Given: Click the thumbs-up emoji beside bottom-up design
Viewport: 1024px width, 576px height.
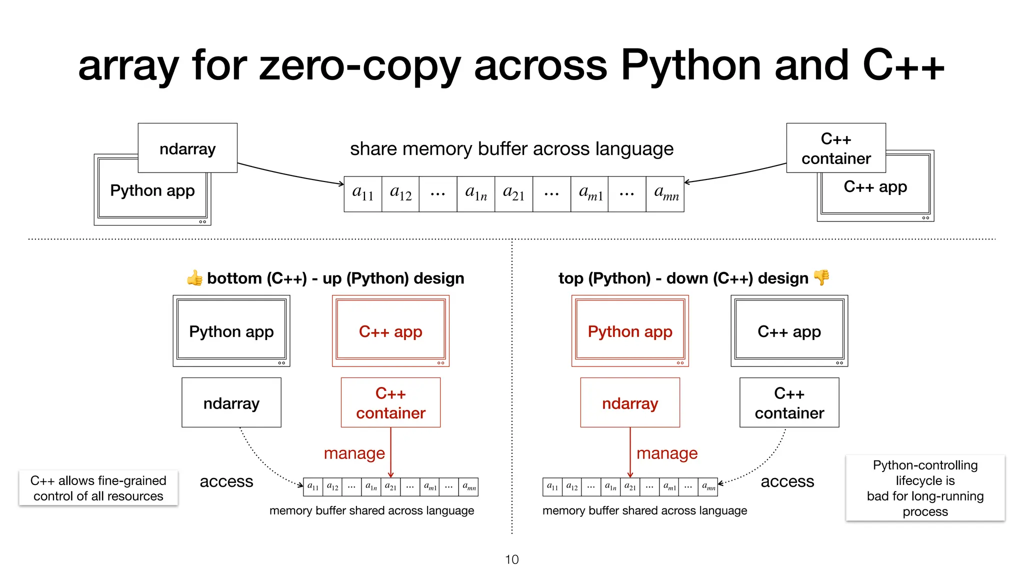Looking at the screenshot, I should coord(195,277).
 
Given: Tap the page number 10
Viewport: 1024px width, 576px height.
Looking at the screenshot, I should coord(511,559).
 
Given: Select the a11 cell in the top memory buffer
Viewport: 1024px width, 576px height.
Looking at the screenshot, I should coord(363,194).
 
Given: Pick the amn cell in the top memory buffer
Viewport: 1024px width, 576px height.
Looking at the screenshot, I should coord(665,194).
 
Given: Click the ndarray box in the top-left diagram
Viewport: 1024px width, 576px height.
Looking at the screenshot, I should coord(187,148).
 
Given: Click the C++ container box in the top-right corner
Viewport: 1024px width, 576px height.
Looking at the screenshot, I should coord(836,148).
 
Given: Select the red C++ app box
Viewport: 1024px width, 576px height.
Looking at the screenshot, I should coord(390,331).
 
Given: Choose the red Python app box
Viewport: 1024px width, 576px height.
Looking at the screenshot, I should coord(630,331).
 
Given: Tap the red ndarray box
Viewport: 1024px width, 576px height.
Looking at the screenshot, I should coord(630,403).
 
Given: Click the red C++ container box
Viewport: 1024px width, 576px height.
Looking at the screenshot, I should coord(390,403).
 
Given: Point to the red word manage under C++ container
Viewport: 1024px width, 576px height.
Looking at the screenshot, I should coord(354,453).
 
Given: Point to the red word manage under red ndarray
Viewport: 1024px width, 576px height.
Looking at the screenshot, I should coord(667,453).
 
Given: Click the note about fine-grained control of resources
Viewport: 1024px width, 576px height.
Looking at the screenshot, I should coord(98,488).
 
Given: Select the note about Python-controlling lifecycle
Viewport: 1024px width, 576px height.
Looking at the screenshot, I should coord(925,488).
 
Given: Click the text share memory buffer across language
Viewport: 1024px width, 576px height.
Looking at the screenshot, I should coord(511,149).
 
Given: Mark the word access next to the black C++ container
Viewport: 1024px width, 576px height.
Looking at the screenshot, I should coord(787,481).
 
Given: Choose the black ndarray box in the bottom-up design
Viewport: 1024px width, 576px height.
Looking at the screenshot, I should coord(231,403).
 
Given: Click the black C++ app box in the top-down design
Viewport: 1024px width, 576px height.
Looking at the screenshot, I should coord(789,331).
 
